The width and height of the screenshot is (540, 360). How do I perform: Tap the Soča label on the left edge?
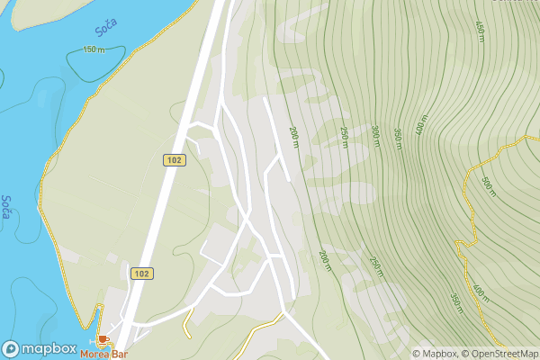click(x=6, y=211)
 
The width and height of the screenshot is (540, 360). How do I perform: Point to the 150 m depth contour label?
click(x=93, y=49)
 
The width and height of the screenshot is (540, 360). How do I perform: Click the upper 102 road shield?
click(x=175, y=159)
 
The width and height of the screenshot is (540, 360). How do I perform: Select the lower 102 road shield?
click(x=141, y=273)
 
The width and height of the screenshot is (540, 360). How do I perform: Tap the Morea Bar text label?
click(x=103, y=354)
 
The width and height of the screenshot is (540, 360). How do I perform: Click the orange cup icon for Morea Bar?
click(x=103, y=340)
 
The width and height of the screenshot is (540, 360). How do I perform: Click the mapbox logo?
click(x=39, y=348)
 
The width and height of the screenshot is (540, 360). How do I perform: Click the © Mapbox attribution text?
click(x=435, y=354)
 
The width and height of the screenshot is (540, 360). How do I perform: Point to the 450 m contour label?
click(x=480, y=32)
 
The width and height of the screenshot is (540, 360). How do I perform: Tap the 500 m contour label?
click(x=486, y=186)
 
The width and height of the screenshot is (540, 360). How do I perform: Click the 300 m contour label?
click(x=373, y=133)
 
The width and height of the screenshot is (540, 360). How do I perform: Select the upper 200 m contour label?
click(x=293, y=138)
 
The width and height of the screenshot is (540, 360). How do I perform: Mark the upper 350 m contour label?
click(x=398, y=139)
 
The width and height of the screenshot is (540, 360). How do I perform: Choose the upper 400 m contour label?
click(x=420, y=125)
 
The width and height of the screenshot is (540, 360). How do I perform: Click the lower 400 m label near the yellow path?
click(x=478, y=292)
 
